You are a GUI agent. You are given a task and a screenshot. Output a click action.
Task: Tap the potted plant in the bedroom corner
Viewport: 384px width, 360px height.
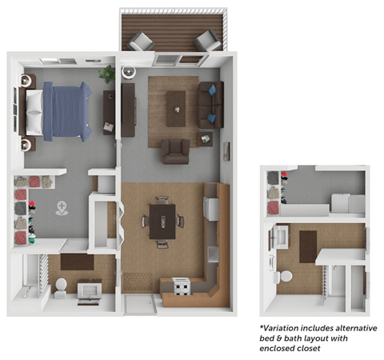106,74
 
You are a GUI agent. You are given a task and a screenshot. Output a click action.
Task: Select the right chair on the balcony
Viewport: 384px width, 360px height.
206,41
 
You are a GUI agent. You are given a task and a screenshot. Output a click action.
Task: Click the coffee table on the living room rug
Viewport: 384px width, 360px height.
175,103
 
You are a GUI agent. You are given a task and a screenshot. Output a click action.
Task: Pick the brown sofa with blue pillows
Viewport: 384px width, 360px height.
211,104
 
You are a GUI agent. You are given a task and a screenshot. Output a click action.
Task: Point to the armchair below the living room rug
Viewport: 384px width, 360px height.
175,150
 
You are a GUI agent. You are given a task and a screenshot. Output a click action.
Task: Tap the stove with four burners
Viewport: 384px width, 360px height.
180,285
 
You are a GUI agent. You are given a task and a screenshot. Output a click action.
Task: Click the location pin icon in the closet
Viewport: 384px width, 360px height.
62,209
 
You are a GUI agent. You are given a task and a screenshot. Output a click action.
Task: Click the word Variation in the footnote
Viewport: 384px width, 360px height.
287,329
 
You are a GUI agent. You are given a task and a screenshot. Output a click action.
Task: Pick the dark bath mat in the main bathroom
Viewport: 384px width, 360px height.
76,261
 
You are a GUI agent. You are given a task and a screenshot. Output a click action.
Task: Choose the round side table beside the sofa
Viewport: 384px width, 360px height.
206,139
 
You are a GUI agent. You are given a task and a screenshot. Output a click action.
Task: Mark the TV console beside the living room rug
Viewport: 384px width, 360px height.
128,105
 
